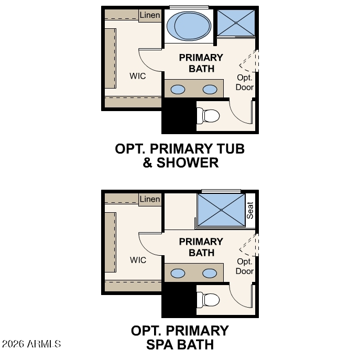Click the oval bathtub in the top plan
(189, 26)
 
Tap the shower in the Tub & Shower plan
(236, 23)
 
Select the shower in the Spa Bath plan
(221, 210)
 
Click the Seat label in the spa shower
(250, 210)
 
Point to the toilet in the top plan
(208, 116)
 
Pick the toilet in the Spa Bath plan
(208, 300)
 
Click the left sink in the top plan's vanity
(178, 89)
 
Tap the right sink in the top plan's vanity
(210, 89)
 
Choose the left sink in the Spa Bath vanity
(178, 273)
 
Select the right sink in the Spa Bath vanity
(210, 273)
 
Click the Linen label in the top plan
(150, 15)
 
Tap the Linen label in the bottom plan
(150, 199)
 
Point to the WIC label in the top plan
(137, 76)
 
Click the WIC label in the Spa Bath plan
(138, 260)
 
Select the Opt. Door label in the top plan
(245, 82)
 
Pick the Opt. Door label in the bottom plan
(245, 266)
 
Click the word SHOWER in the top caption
(188, 162)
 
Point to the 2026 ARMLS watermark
(31, 344)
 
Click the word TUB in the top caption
(231, 148)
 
